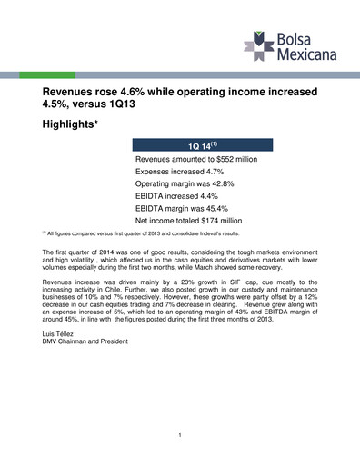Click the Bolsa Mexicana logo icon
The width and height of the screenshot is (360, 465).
pyautogui.click(x=261, y=43)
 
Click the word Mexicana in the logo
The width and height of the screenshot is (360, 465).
pyautogui.click(x=306, y=54)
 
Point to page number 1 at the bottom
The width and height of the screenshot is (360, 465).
pyautogui.click(x=180, y=438)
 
